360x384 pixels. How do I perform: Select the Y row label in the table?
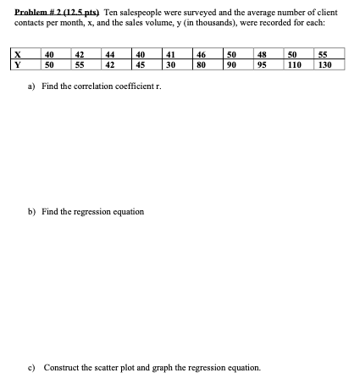pos(18,64)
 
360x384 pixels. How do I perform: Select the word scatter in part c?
pos(111,368)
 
